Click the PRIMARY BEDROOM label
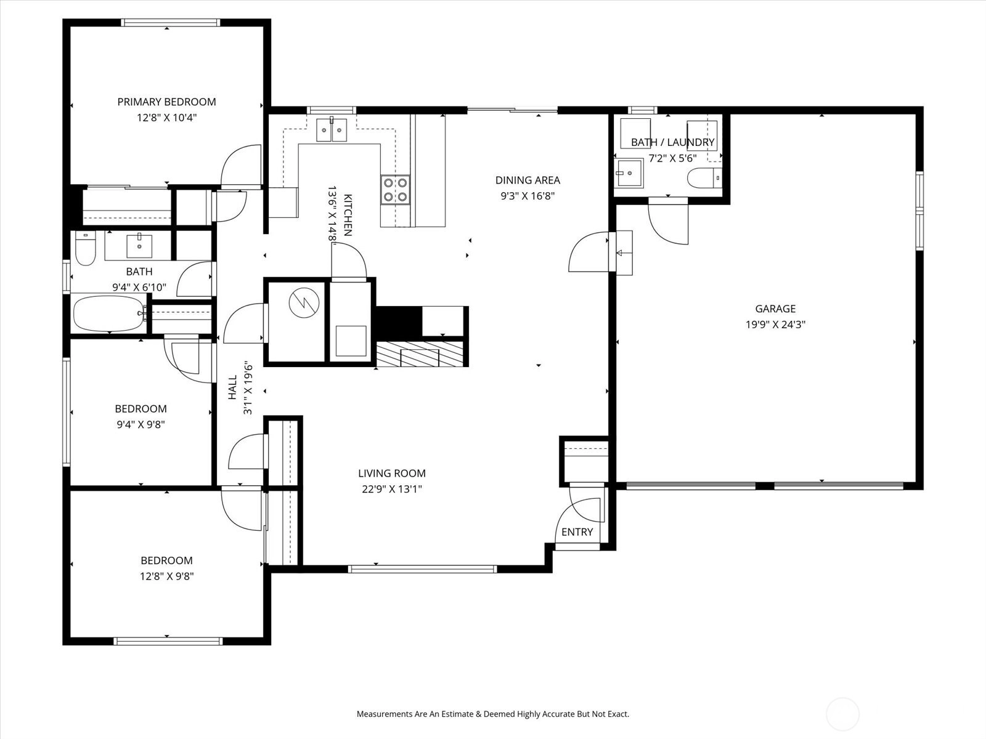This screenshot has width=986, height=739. pos(166,102)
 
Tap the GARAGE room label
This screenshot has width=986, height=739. pos(775,309)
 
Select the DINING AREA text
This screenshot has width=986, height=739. pos(528,180)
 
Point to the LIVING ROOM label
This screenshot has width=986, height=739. pos(392,473)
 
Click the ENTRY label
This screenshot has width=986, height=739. pos(577,531)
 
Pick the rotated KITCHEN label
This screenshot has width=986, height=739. pos(348,215)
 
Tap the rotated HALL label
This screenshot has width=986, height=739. pos(232,387)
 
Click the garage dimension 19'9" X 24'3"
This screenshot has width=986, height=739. pos(775,325)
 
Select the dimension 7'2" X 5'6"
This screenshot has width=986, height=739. pos(672,158)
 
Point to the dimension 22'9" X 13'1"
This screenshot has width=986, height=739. pos(392,488)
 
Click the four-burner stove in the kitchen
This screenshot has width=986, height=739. pos(395,190)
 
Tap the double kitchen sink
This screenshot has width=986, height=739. pos(332,129)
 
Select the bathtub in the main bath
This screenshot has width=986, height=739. pos(108,313)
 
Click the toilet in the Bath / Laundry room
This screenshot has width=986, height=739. pos(704,178)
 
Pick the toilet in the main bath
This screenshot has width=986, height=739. pos(85,248)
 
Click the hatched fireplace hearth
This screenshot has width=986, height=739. pos(420,353)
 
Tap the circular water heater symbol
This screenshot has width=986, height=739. pos(304,303)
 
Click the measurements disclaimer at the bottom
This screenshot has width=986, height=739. pos(493,714)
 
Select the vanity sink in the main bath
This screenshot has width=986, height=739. pos(139,246)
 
